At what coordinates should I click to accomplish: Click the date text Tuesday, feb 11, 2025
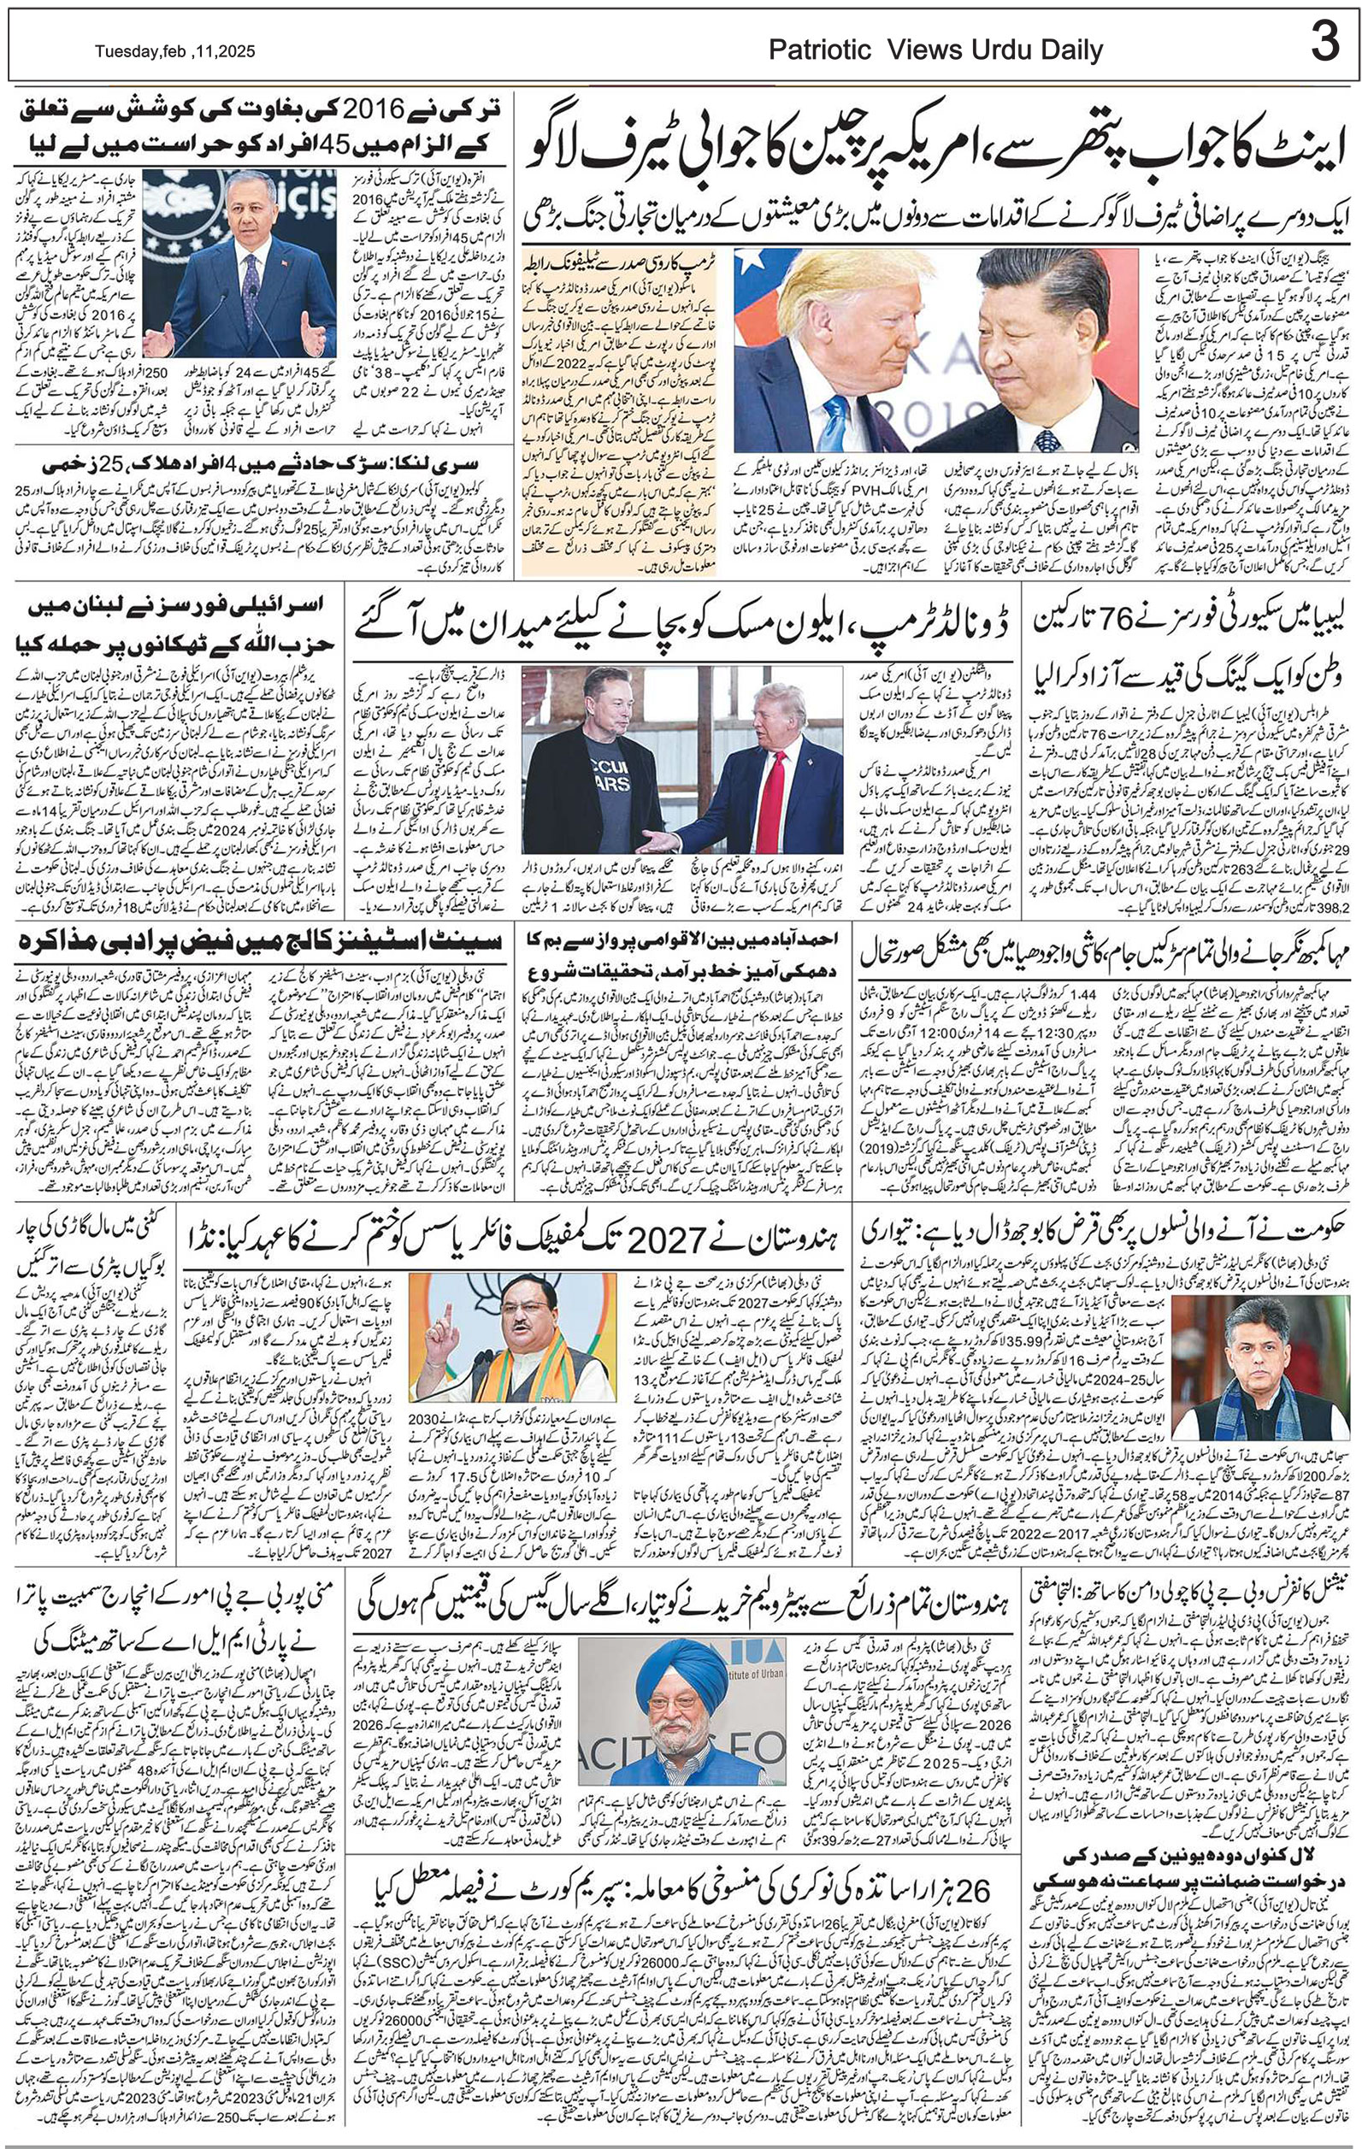[x=175, y=53]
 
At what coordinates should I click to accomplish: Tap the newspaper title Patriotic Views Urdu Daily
[x=936, y=51]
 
